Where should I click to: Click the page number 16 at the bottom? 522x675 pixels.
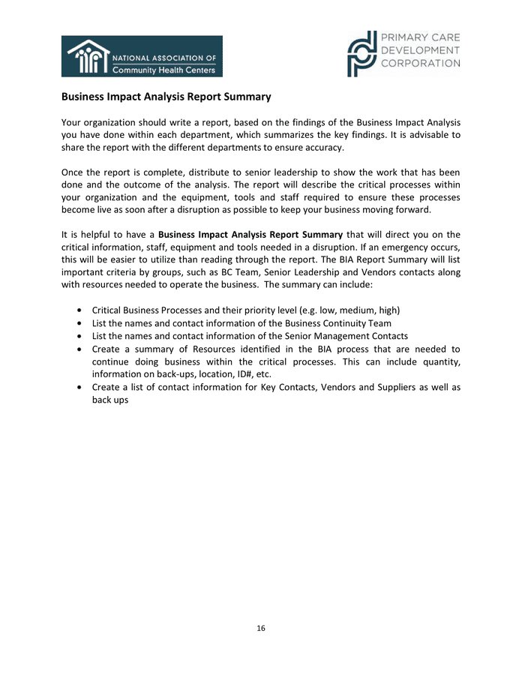261,628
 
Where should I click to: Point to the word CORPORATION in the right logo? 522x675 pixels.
421,64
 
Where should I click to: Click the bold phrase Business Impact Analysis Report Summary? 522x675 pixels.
250,235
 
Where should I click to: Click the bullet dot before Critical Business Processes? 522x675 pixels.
79,310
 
